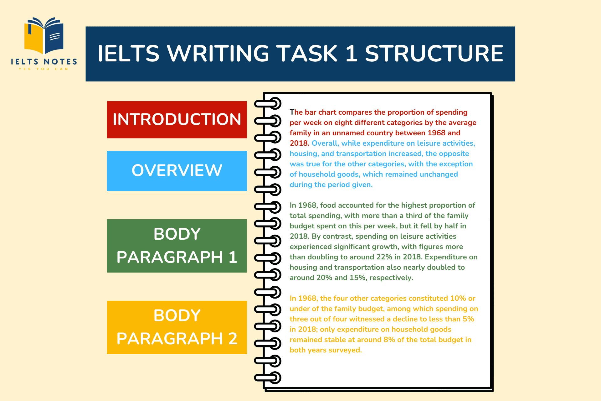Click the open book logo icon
44,35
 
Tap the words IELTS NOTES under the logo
44,61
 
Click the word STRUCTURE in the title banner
434,53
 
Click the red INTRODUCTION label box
177,119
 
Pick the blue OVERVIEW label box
177,171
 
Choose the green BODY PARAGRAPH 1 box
177,246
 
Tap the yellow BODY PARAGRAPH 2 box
177,327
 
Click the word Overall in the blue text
325,143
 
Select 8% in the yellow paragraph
389,340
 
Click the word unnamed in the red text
348,133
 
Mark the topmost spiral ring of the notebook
268,103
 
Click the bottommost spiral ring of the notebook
268,378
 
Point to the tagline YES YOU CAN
44,69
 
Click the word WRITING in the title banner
218,53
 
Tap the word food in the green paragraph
328,205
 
